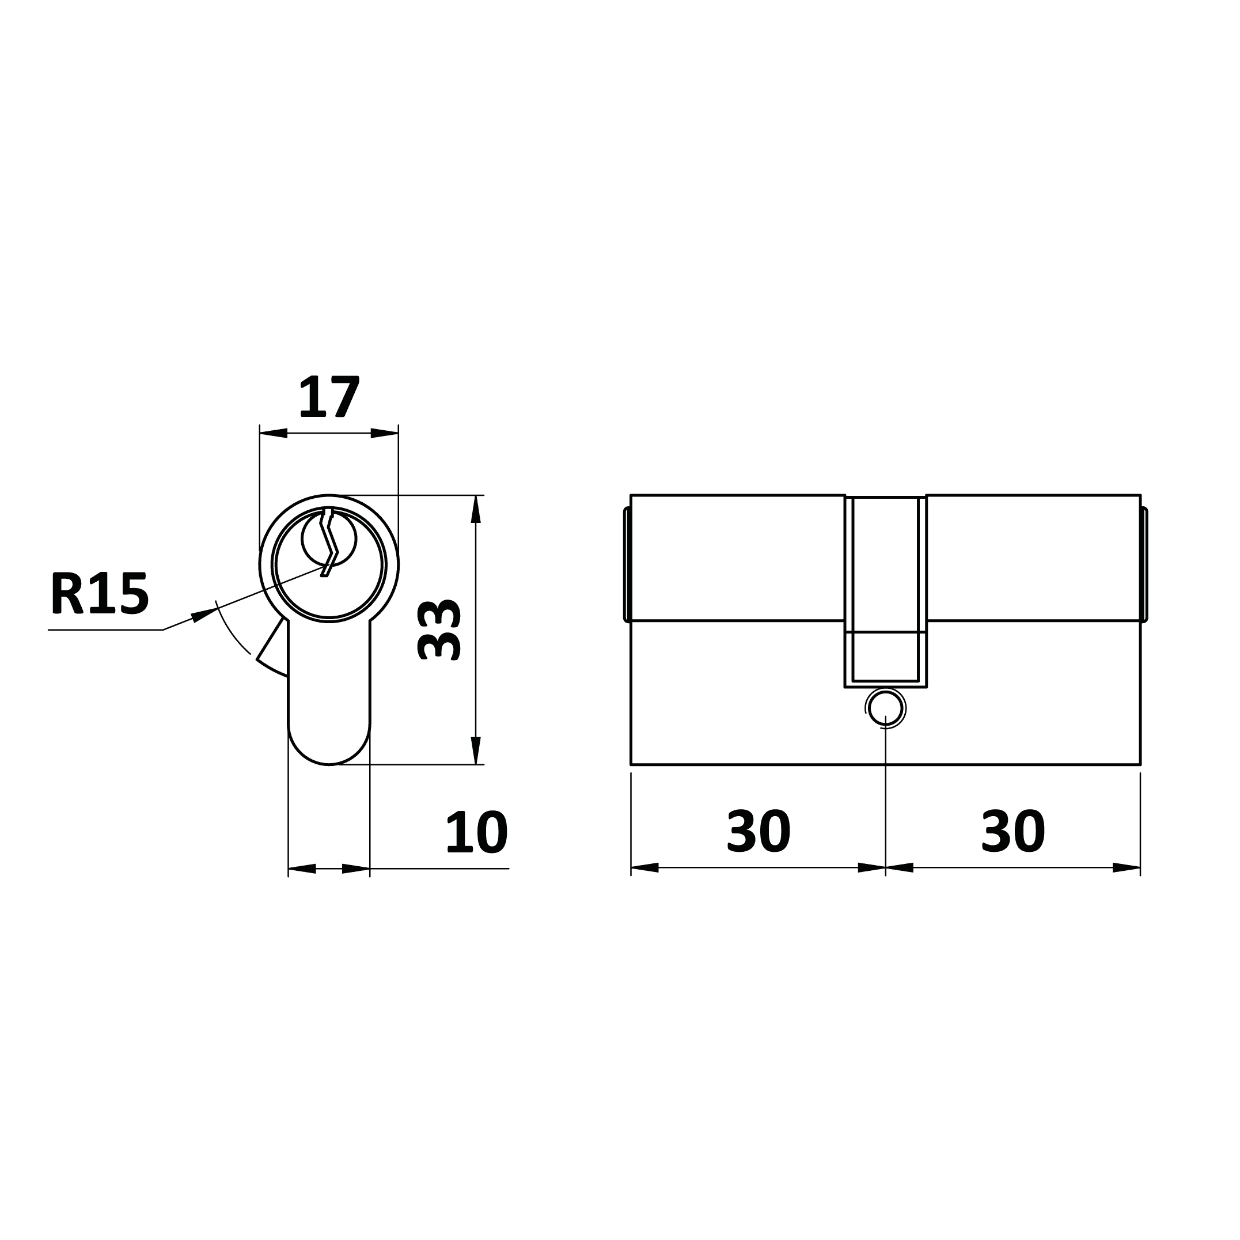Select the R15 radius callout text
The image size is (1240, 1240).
click(100, 593)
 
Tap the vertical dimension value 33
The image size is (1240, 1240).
click(439, 629)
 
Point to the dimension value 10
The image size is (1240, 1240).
click(476, 832)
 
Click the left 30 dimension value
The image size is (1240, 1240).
click(759, 831)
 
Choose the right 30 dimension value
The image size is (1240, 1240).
click(1013, 831)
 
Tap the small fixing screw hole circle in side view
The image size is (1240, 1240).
click(886, 708)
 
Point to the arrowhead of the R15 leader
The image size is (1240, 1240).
click(204, 613)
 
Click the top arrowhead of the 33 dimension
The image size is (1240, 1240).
click(476, 509)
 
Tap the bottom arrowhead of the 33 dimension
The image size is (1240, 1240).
click(476, 750)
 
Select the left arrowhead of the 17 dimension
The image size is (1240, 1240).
click(274, 433)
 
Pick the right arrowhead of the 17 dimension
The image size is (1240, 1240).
click(385, 433)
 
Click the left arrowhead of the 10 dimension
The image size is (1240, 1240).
click(302, 869)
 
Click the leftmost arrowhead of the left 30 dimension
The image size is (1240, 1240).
click(645, 868)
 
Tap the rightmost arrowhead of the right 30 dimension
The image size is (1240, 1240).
click(1127, 868)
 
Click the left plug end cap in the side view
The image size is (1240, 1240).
click(627, 565)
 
